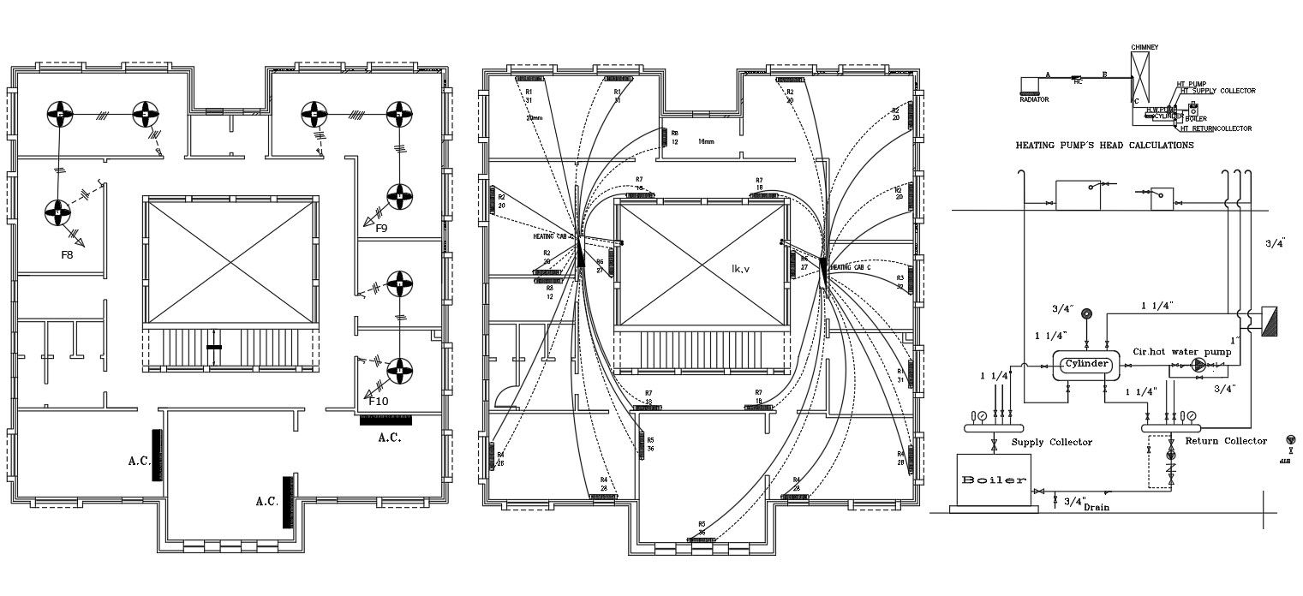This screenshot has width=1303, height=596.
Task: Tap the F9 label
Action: [x=381, y=229]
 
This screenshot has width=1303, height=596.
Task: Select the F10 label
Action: [x=379, y=400]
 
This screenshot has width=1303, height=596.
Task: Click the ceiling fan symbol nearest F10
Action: [x=398, y=370]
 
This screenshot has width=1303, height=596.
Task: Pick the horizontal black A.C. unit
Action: [x=386, y=420]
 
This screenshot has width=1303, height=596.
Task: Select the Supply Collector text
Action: [x=1051, y=442]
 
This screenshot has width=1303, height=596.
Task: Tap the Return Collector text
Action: [x=1225, y=441]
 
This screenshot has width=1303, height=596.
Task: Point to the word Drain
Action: [x=1097, y=508]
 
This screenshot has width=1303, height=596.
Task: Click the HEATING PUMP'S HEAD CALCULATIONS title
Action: [x=1104, y=146]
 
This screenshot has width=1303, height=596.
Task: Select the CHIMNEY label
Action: [x=1145, y=47]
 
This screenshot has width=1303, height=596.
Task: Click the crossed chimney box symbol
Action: [x=1140, y=78]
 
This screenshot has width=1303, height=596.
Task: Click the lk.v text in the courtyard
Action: [x=740, y=269]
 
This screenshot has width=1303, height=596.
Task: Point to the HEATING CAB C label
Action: [x=852, y=267]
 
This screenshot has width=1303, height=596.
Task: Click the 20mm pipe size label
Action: [x=534, y=117]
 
